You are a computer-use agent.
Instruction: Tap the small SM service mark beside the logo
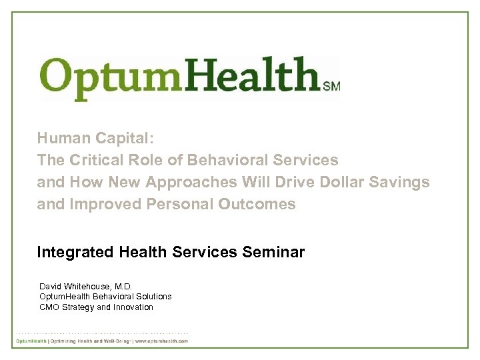pyautogui.click(x=331, y=86)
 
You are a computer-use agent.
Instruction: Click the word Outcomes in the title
pyautogui.click(x=257, y=204)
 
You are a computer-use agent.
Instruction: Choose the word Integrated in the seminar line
pyautogui.click(x=75, y=253)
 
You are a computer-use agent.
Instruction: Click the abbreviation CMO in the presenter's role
pyautogui.click(x=49, y=307)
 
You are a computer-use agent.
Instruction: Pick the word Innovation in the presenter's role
pyautogui.click(x=133, y=307)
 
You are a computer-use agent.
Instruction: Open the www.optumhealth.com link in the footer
pyautogui.click(x=162, y=341)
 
